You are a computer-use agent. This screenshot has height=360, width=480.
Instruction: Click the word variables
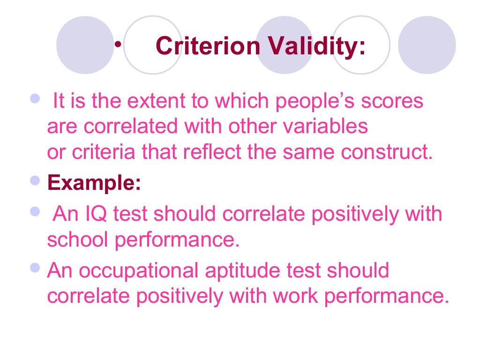pyautogui.click(x=329, y=127)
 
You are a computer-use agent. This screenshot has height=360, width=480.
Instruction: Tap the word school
pyautogui.click(x=78, y=240)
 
